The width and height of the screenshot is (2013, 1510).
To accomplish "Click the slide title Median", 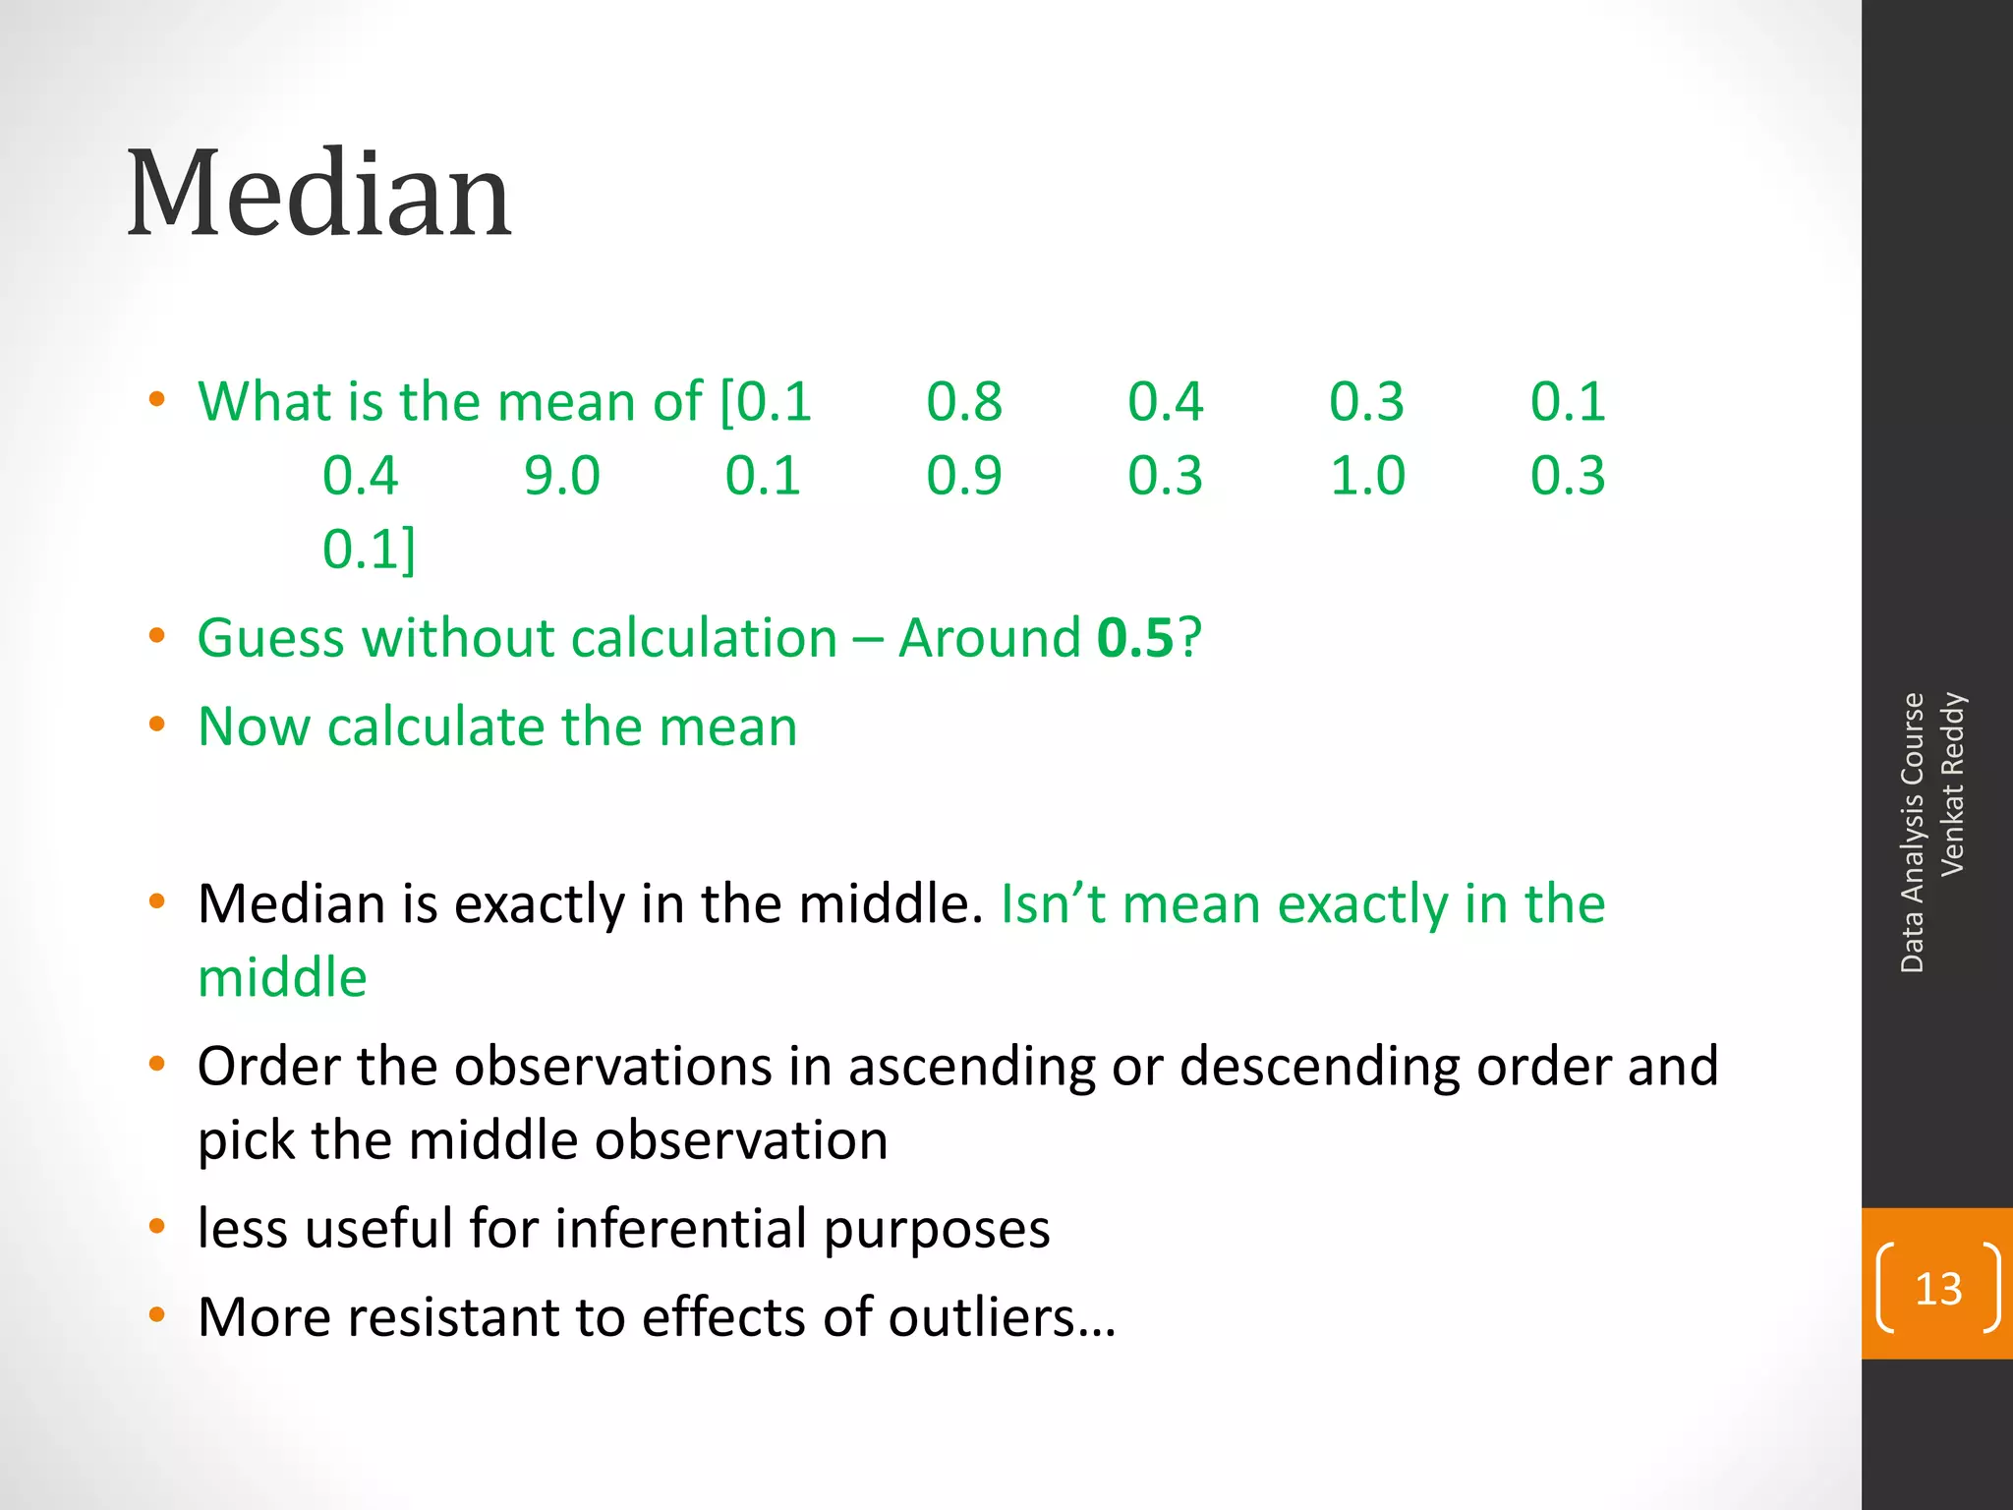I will [319, 194].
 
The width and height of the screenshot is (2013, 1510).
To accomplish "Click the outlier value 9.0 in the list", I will [561, 476].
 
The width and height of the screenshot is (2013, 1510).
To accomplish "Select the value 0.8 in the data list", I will [963, 402].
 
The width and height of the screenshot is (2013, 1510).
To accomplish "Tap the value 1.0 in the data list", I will [1367, 476].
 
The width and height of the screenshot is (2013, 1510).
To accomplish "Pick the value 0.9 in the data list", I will [963, 476].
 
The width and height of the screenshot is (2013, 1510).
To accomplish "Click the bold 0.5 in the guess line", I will [1135, 638].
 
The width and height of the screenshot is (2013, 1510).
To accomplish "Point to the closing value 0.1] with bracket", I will [369, 550].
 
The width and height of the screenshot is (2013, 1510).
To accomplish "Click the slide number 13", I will [1937, 1289].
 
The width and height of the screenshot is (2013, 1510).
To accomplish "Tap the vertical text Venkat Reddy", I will [1952, 784].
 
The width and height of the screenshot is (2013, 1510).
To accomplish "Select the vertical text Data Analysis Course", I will [1912, 832].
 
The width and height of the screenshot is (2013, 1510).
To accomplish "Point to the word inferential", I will [681, 1229].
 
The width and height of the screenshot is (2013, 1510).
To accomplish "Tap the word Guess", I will [270, 638].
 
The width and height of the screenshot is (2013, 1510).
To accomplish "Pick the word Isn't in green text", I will [1053, 904].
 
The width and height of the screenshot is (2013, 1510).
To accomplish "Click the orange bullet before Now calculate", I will [156, 726].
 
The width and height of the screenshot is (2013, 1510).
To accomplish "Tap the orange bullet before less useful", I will [156, 1226].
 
